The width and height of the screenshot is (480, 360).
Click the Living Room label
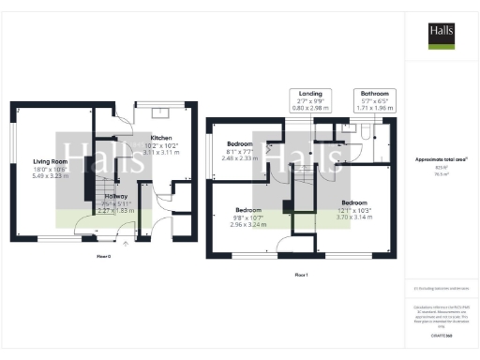tap(52, 160)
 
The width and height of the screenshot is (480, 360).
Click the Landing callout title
tap(310, 95)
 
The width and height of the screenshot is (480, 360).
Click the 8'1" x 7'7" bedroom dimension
tap(241, 152)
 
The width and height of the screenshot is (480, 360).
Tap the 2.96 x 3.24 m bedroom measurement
tap(247, 225)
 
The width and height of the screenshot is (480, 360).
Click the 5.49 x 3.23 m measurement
tap(52, 175)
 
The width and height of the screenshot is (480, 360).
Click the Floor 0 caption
tap(103, 255)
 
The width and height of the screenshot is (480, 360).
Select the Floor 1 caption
tap(300, 276)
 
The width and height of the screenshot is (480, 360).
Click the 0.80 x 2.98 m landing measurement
tap(310, 111)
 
